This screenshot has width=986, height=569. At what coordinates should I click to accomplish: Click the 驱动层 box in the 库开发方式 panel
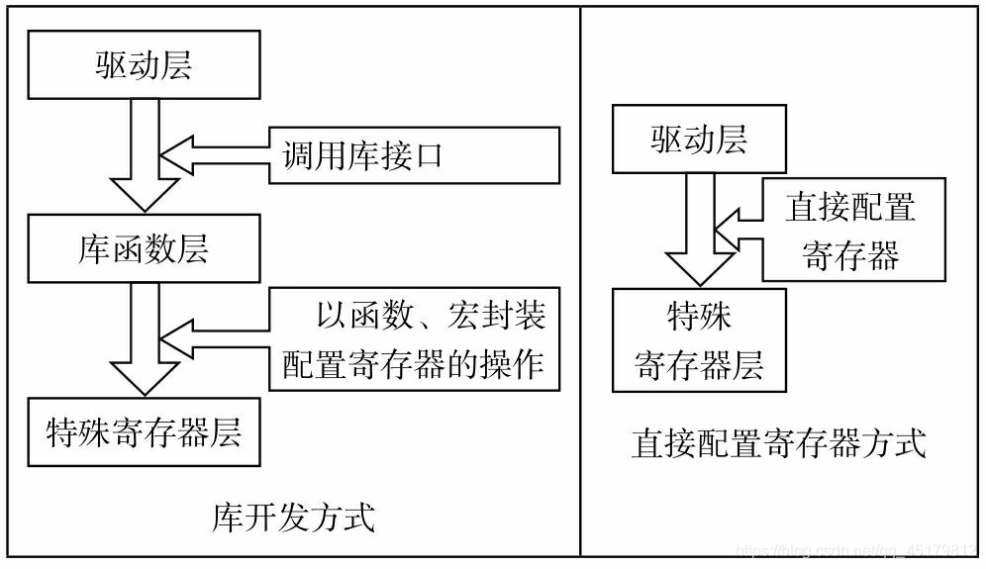(144, 66)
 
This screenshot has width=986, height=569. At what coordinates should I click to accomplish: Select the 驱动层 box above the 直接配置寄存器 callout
(699, 142)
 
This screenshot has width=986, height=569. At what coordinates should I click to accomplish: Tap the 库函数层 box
(144, 248)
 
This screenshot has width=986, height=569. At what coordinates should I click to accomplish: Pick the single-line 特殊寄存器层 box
(144, 432)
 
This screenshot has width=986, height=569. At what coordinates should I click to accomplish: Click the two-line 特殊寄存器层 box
(699, 340)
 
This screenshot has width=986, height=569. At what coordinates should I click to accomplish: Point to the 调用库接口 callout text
(363, 155)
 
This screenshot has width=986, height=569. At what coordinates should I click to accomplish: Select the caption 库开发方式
(294, 517)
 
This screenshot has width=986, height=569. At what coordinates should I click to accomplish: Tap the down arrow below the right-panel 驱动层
(699, 233)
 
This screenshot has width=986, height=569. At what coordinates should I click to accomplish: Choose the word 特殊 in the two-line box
(699, 318)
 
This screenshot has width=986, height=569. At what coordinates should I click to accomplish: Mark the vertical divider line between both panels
(580, 282)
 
